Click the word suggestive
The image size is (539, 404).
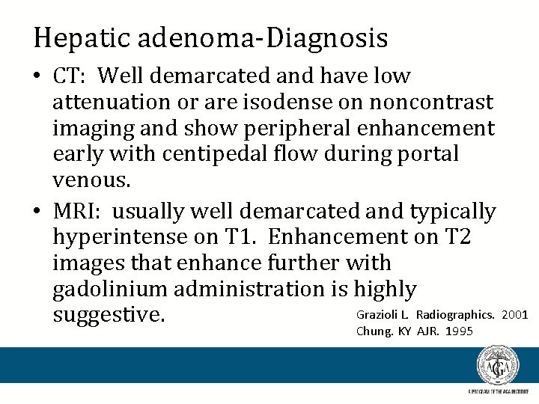(x=108, y=315)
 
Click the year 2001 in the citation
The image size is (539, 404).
(x=516, y=313)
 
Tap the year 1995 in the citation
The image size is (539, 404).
(x=459, y=331)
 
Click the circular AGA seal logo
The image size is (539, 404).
(x=498, y=366)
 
